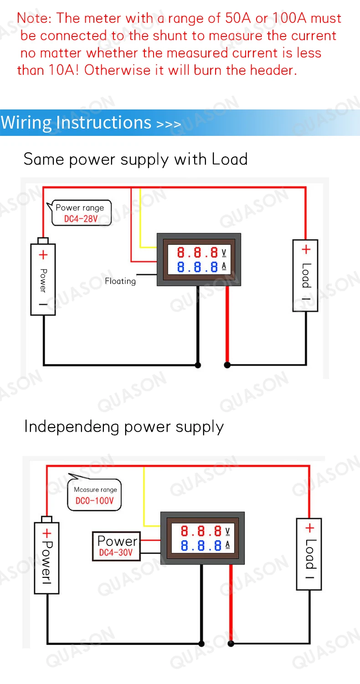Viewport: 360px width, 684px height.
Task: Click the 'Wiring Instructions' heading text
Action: (76, 122)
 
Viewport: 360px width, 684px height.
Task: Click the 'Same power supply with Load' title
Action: (135, 159)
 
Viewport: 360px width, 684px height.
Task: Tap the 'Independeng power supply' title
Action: (124, 426)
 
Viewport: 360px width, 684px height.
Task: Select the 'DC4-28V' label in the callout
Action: (81, 219)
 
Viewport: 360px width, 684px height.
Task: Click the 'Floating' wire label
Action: (120, 281)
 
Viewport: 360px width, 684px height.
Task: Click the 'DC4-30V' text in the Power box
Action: (116, 553)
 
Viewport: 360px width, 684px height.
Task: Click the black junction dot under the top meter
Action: (198, 365)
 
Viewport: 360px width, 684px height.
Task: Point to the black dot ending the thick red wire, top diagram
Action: (227, 365)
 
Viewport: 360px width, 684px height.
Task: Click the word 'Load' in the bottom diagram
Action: (309, 554)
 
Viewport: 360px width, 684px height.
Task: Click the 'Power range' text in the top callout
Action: (80, 208)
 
